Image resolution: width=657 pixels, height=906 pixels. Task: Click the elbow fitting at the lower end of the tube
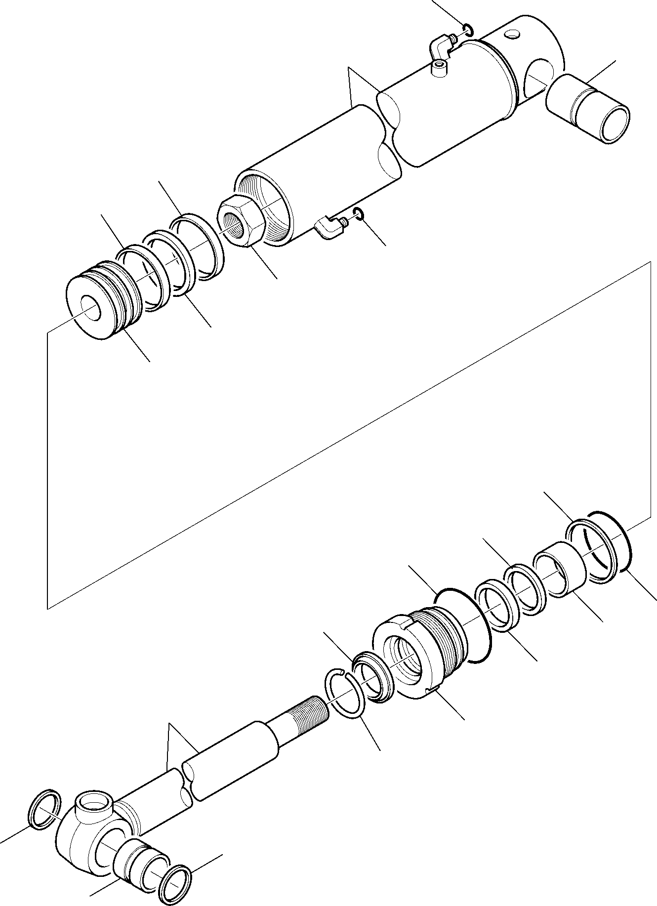pyautogui.click(x=328, y=228)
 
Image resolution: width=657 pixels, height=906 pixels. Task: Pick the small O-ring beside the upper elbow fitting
pyautogui.click(x=468, y=30)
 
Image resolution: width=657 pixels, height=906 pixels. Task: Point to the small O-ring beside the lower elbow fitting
pyautogui.click(x=359, y=213)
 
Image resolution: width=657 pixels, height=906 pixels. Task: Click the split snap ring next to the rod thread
pyautogui.click(x=346, y=692)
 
